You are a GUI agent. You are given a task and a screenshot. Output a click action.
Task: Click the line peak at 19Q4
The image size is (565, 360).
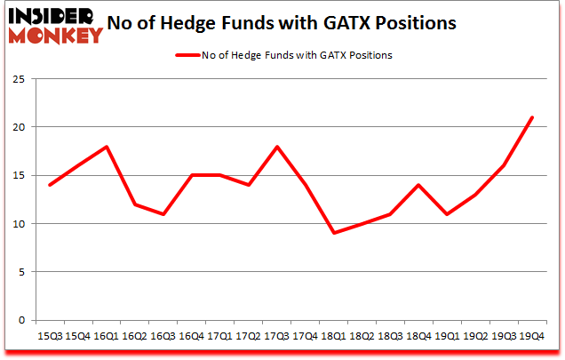(x=531, y=117)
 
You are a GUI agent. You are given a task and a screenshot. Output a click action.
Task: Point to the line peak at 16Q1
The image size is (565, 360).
(x=107, y=147)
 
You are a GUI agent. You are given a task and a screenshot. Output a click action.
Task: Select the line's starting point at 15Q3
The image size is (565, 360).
(x=51, y=185)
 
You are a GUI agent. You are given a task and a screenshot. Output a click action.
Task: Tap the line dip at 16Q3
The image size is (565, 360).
(x=163, y=214)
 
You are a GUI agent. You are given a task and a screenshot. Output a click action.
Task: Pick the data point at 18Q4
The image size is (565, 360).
(x=420, y=185)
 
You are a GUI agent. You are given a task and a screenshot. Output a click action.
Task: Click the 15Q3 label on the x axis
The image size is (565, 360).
(x=50, y=335)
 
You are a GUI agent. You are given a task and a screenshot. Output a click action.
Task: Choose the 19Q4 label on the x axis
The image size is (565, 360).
(x=531, y=335)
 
